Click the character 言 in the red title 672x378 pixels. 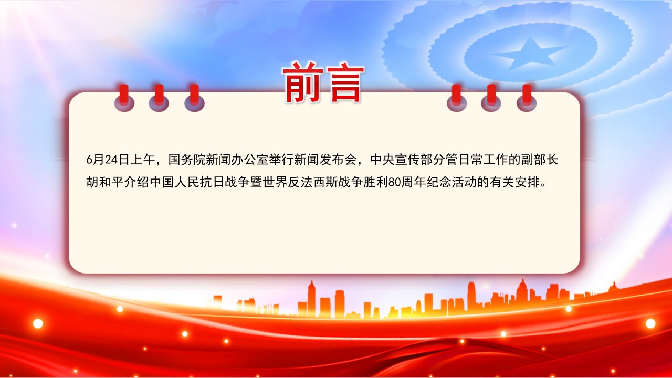coord(345,83)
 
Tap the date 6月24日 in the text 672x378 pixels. coord(108,160)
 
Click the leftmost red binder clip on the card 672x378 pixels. coord(124,98)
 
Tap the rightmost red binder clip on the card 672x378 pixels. coord(527,98)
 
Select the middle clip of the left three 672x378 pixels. coord(159,98)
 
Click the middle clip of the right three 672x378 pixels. coord(491,98)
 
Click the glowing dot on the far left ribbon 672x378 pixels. coord(38,323)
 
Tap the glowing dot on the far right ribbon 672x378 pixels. coord(650,323)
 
